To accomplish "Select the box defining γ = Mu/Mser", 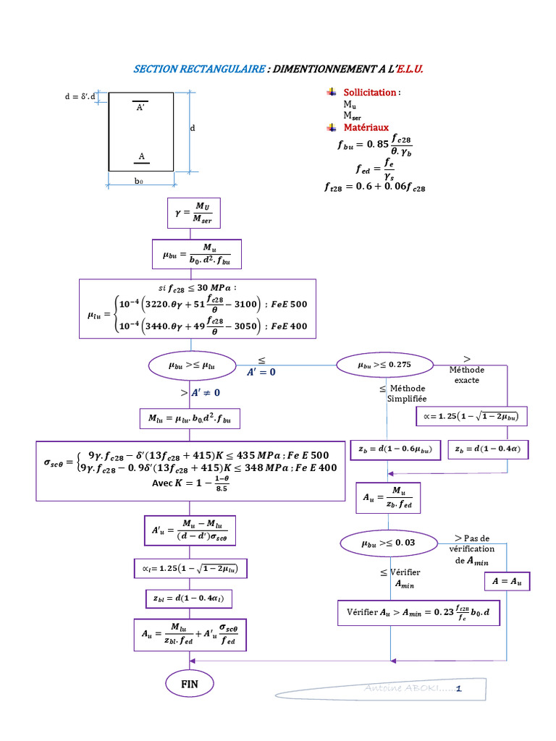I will click(193, 213).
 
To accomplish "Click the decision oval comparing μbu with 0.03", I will click(387, 542).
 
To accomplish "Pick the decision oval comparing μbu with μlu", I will click(192, 366).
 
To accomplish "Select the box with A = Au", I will click(507, 582).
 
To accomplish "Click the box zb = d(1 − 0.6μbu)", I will click(395, 449).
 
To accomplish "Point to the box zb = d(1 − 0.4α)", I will click(489, 449).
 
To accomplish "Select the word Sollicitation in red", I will click(370, 93).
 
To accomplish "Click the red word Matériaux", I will click(366, 127).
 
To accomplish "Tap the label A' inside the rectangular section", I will click(140, 107).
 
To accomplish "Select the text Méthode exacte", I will click(467, 375).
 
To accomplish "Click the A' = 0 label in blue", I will click(262, 372).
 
